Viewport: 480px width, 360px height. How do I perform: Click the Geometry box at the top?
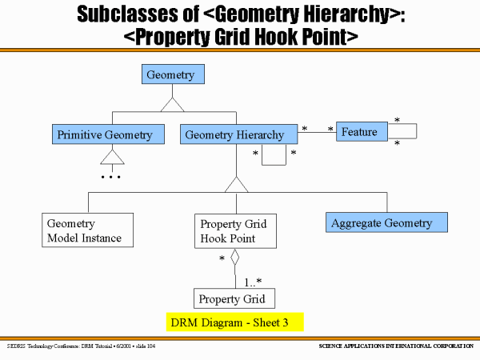(170, 75)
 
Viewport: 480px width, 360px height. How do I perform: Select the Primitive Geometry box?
(104, 134)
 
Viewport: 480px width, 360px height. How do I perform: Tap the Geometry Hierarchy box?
(234, 134)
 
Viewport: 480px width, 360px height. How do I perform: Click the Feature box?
(358, 131)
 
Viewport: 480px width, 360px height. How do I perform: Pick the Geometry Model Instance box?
(86, 230)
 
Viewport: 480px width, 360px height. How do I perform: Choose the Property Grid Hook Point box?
(234, 230)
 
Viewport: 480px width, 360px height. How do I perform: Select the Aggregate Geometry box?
(386, 222)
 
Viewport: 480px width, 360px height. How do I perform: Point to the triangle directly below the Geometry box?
(171, 104)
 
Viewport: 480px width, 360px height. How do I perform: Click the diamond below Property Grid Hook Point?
(234, 258)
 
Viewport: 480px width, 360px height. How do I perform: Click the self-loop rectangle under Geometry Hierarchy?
(274, 155)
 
